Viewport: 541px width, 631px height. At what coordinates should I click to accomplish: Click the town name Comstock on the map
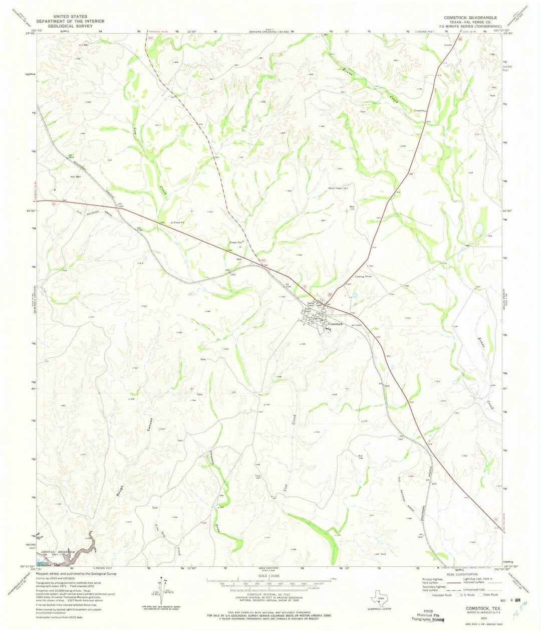pyautogui.click(x=335, y=325)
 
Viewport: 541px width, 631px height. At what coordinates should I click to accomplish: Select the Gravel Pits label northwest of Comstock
pyautogui.click(x=236, y=242)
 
